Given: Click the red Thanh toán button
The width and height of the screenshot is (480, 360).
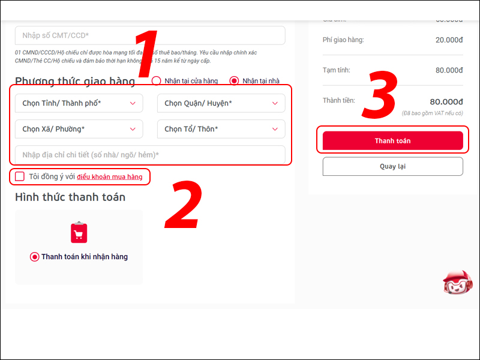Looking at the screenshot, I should coord(392,140).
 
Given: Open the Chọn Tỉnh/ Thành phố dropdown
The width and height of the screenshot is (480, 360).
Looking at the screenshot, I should coord(79,103).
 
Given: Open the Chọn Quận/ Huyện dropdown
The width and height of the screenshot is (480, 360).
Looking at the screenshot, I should coord(221,103).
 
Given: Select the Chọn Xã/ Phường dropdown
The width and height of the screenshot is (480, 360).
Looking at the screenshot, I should coord(79,129).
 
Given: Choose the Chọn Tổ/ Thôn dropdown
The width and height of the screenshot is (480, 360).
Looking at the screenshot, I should coord(221,129).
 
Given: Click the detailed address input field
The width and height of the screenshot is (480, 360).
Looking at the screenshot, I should coord(150,155).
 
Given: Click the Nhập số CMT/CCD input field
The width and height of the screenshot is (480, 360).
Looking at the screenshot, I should coord(150,35).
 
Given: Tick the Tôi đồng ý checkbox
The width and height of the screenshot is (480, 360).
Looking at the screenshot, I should coord(20,176).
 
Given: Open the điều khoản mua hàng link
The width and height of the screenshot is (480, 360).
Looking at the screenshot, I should coord(110,177).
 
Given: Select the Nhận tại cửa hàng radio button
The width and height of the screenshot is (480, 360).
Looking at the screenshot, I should coord(157,80).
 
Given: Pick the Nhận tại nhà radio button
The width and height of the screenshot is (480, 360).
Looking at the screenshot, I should coord(234,80).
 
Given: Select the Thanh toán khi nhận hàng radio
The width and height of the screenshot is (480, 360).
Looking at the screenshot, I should coord(35,257).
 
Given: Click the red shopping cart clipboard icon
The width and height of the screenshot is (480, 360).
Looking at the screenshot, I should coord(79,232).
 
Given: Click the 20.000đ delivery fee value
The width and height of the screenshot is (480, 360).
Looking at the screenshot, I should coord(449,40).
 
